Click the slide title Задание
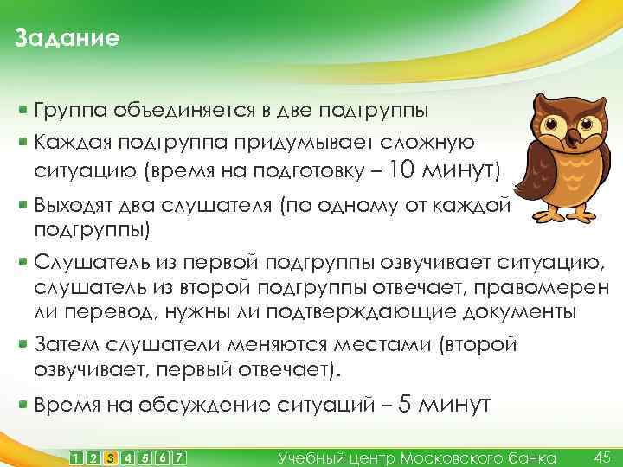point(67,39)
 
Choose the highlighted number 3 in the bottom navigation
point(110,457)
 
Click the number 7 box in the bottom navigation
point(179,457)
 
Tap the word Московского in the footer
point(460,457)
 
